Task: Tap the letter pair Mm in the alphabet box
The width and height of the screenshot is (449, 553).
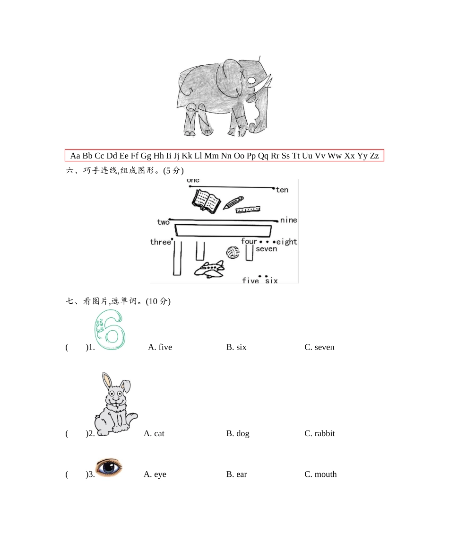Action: pyautogui.click(x=211, y=156)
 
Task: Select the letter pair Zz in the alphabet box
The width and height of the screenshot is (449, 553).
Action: pyautogui.click(x=374, y=156)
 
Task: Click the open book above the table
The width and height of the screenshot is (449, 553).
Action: pyautogui.click(x=206, y=201)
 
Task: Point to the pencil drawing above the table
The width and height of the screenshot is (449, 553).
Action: pyautogui.click(x=233, y=203)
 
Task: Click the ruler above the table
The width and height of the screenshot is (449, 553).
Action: pyautogui.click(x=249, y=210)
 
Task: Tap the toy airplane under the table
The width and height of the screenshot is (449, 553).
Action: pyautogui.click(x=209, y=269)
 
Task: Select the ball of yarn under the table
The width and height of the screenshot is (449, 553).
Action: pyautogui.click(x=232, y=253)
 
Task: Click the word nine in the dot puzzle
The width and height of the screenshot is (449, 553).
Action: pyautogui.click(x=288, y=220)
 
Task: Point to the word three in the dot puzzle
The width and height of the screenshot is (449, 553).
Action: pyautogui.click(x=160, y=242)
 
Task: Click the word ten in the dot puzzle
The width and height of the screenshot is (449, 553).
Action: pyautogui.click(x=282, y=190)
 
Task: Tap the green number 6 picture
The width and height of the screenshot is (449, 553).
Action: pyautogui.click(x=109, y=330)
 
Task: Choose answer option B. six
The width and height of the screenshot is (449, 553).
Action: pyautogui.click(x=236, y=347)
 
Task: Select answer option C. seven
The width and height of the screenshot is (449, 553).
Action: pyautogui.click(x=319, y=347)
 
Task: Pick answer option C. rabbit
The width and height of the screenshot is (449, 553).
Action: pyautogui.click(x=319, y=433)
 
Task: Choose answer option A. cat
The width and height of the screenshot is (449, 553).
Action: pyautogui.click(x=154, y=433)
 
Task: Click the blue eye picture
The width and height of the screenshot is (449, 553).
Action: pyautogui.click(x=109, y=467)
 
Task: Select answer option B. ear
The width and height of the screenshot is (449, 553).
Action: pyautogui.click(x=236, y=474)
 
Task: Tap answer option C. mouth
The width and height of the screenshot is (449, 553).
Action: pyautogui.click(x=320, y=474)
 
